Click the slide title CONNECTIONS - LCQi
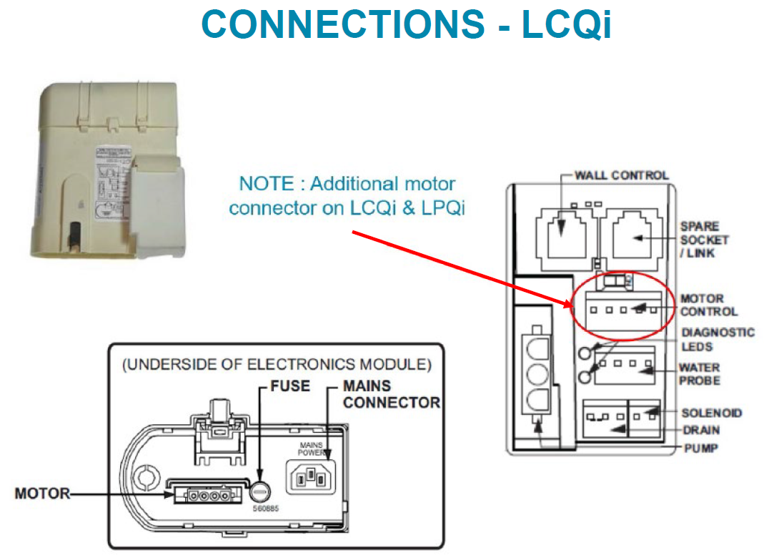pyautogui.click(x=406, y=25)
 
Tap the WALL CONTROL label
pyautogui.click(x=622, y=175)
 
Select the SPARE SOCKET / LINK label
pyautogui.click(x=704, y=240)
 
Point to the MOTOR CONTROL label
pyautogui.click(x=708, y=305)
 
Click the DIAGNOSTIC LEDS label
pyautogui.click(x=717, y=339)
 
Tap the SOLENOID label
pyautogui.click(x=711, y=413)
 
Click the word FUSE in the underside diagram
pyautogui.click(x=290, y=386)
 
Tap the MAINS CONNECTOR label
pyautogui.click(x=391, y=394)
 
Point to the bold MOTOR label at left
pyautogui.click(x=42, y=494)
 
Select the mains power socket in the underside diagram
pyautogui.click(x=312, y=475)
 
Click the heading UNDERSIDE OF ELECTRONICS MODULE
pyautogui.click(x=277, y=365)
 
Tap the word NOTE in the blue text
pyautogui.click(x=264, y=184)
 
